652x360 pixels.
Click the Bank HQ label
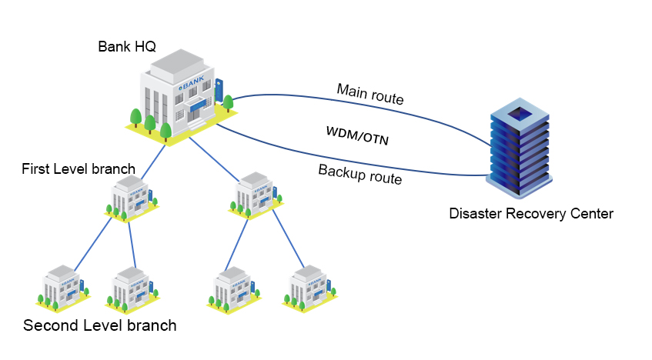tap(127, 46)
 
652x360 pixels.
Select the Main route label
tap(370, 93)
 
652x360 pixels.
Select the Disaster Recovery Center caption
tap(531, 214)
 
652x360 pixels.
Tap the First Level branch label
tap(79, 168)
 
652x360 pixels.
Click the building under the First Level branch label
tap(133, 198)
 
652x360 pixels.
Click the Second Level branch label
tap(100, 325)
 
